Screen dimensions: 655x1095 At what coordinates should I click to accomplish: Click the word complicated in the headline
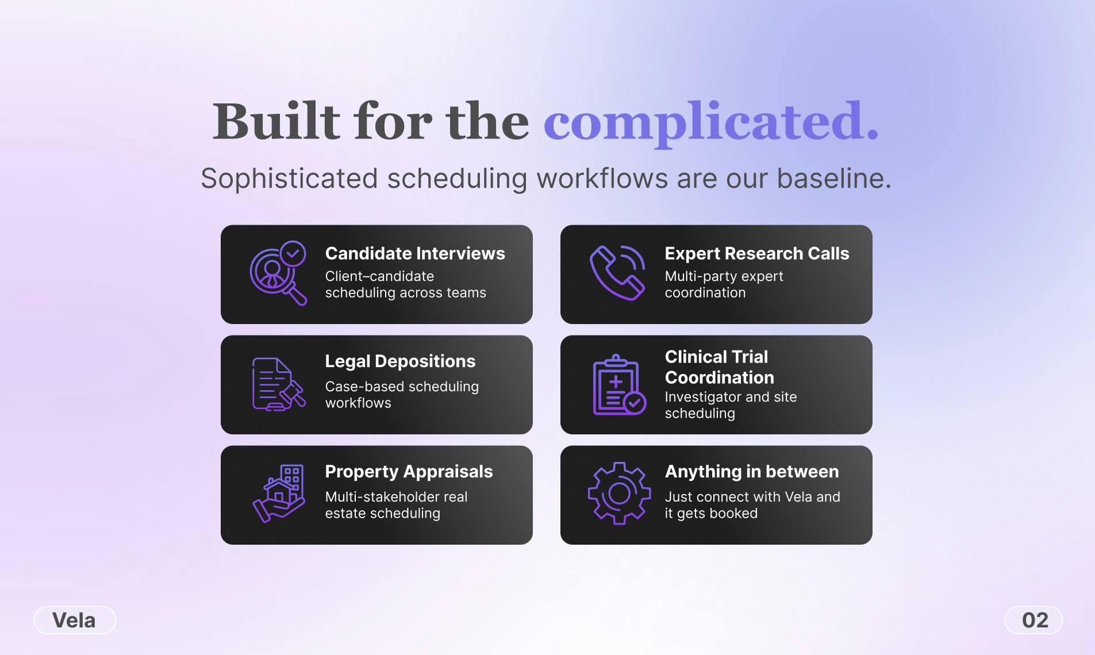pyautogui.click(x=710, y=122)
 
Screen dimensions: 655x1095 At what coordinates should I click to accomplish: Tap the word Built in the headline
pyautogui.click(x=276, y=122)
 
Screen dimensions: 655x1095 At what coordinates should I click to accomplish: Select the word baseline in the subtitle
pyautogui.click(x=833, y=179)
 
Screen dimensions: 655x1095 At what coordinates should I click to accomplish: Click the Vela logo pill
pyautogui.click(x=75, y=620)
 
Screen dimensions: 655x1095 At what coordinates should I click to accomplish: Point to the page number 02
pyautogui.click(x=1034, y=620)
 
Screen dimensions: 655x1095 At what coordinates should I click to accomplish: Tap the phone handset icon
pyautogui.click(x=617, y=273)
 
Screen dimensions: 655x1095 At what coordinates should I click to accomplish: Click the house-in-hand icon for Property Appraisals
pyautogui.click(x=278, y=494)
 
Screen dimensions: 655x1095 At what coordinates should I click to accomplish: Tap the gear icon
pyautogui.click(x=619, y=494)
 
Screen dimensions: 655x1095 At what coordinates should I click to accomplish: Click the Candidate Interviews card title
pyautogui.click(x=414, y=253)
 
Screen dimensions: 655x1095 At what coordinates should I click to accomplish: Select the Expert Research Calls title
pyautogui.click(x=756, y=253)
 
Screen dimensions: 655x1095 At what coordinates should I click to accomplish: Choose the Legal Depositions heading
pyautogui.click(x=400, y=361)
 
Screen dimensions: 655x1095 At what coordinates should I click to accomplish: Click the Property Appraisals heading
pyautogui.click(x=409, y=472)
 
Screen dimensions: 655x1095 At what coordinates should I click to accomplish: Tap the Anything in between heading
pyautogui.click(x=751, y=472)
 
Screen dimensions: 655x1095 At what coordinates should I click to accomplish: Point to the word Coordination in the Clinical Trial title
pyautogui.click(x=719, y=377)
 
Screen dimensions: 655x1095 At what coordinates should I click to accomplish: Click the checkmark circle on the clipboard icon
pyautogui.click(x=635, y=403)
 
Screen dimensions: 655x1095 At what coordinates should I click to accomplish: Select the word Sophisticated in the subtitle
pyautogui.click(x=289, y=179)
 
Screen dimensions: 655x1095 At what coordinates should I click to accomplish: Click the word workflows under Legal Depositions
pyautogui.click(x=358, y=403)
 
